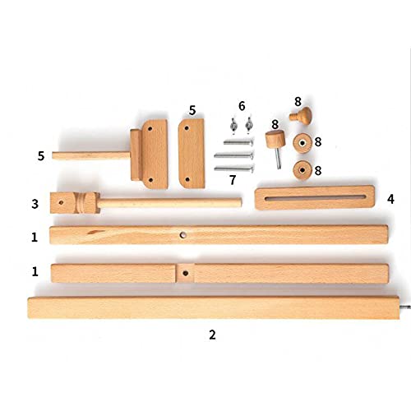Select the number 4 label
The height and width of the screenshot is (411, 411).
coord(390,198)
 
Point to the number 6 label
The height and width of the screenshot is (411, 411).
coord(242,107)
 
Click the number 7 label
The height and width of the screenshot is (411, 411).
coord(233,178)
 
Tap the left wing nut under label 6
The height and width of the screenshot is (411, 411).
coord(233,124)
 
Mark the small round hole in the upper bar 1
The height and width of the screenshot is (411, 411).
coord(183,234)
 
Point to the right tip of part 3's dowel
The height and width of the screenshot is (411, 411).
coord(239,201)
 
